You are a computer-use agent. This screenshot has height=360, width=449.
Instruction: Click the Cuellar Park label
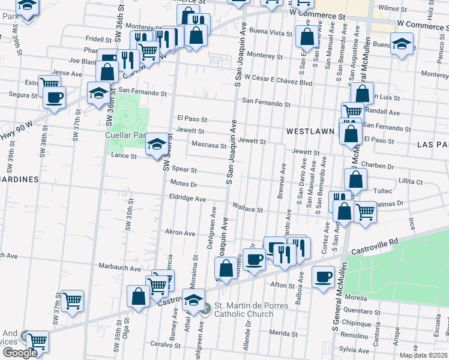pyautogui.click(x=126, y=136)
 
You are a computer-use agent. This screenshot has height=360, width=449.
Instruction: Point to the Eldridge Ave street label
pyautogui.click(x=187, y=198)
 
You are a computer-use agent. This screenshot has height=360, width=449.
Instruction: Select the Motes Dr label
pyautogui.click(x=184, y=182)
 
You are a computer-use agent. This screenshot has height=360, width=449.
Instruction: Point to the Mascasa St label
pyautogui.click(x=208, y=145)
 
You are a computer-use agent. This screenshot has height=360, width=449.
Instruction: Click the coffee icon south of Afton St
pyautogui.click(x=324, y=277)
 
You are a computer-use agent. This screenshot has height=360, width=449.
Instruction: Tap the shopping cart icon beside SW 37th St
pyautogui.click(x=73, y=301)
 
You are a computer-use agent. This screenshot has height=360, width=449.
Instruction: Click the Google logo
pyautogui.click(x=19, y=353)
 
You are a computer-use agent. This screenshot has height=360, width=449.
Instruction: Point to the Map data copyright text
pyautogui.click(x=424, y=356)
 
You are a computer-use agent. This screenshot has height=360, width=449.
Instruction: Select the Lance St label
pyautogui.click(x=125, y=156)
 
